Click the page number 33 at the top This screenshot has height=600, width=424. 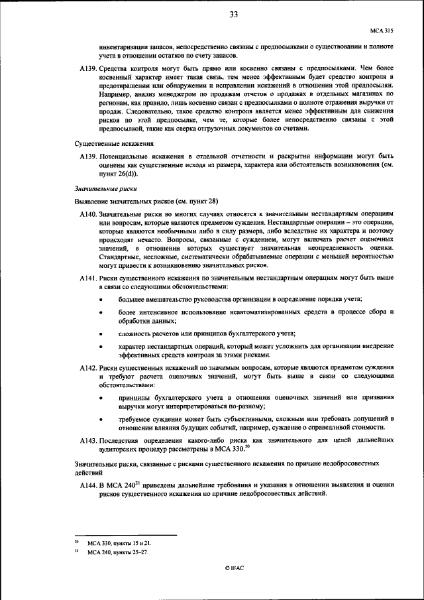pyautogui.click(x=234, y=16)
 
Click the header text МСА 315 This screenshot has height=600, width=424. pyautogui.click(x=382, y=30)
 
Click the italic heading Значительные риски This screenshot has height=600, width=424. pyautogui.click(x=101, y=189)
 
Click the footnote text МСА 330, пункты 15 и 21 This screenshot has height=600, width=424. pyautogui.click(x=124, y=542)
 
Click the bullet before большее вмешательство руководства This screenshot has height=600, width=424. pyautogui.click(x=101, y=301)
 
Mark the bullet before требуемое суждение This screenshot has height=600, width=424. pyautogui.click(x=101, y=420)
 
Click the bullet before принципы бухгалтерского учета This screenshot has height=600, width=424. pyautogui.click(x=101, y=398)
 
